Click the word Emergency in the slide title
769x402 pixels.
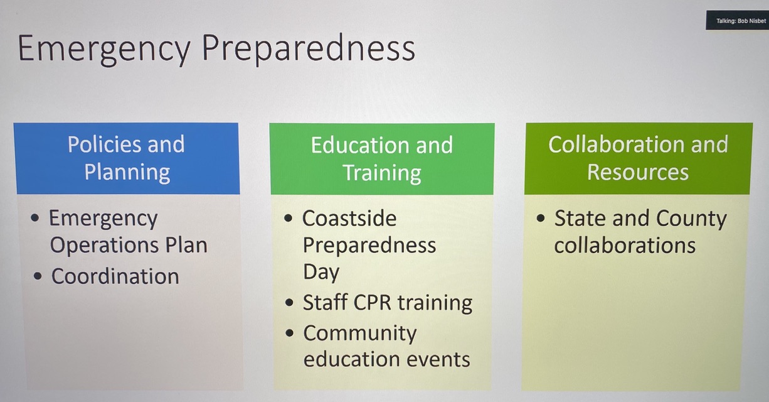[103, 50]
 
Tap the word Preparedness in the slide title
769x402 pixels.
[309, 48]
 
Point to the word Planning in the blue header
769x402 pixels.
[127, 172]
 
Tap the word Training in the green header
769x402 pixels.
[382, 173]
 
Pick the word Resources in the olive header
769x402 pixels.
[638, 172]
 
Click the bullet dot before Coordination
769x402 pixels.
[38, 276]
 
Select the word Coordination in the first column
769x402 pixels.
[115, 276]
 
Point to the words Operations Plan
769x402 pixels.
[129, 245]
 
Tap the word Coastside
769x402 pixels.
[349, 218]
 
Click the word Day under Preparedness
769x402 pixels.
[321, 273]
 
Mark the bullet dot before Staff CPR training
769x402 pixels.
[289, 303]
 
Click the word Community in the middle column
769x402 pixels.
[360, 334]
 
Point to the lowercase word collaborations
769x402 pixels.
[625, 245]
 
